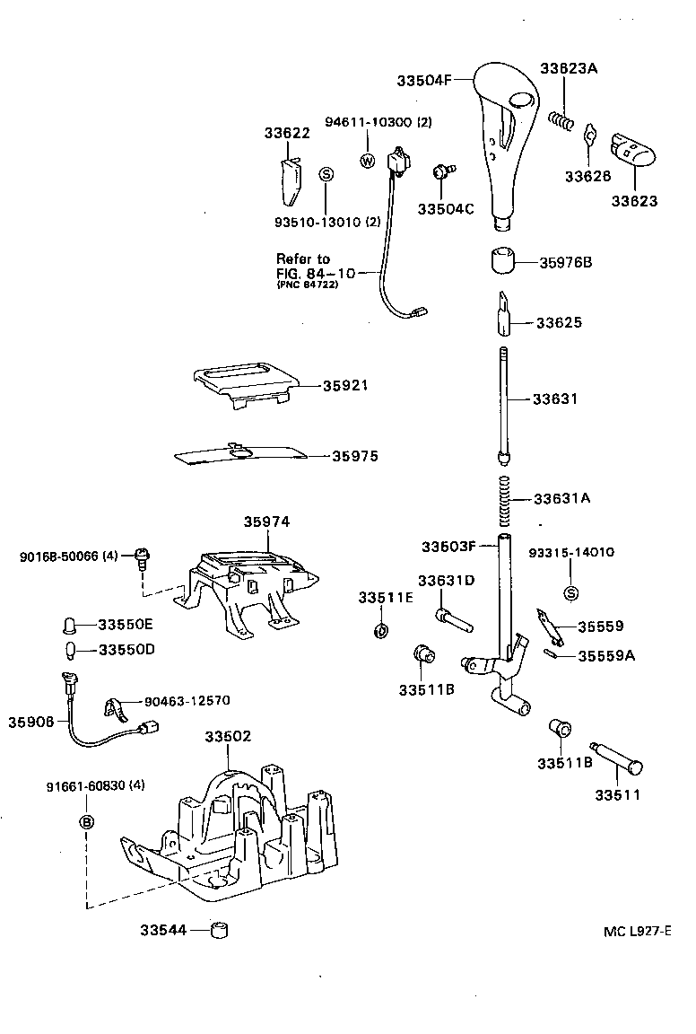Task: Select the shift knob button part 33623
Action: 632,148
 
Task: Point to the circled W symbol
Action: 367,161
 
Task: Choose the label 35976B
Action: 566,263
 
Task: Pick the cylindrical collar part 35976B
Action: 503,262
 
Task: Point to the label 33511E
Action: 386,598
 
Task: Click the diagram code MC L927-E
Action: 637,933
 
